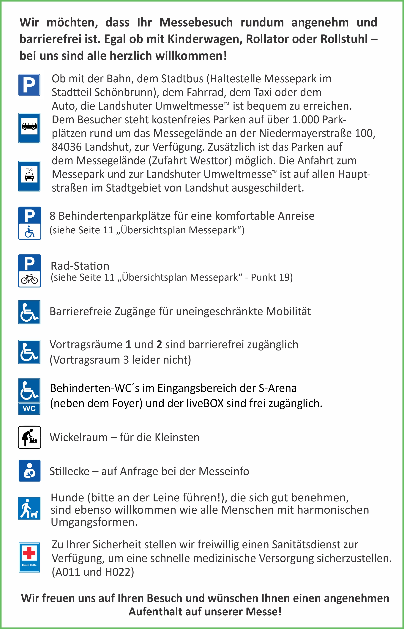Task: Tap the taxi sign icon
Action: coord(29,176)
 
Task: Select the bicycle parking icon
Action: coord(29,271)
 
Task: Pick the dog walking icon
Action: coord(29,508)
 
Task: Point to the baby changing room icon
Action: coord(29,437)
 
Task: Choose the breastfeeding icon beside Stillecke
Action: coord(29,471)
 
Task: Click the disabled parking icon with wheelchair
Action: coord(29,223)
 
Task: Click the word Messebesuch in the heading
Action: coord(196,23)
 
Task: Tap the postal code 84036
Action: coord(67,147)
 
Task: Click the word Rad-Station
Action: coord(80,266)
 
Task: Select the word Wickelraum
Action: coord(78,437)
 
